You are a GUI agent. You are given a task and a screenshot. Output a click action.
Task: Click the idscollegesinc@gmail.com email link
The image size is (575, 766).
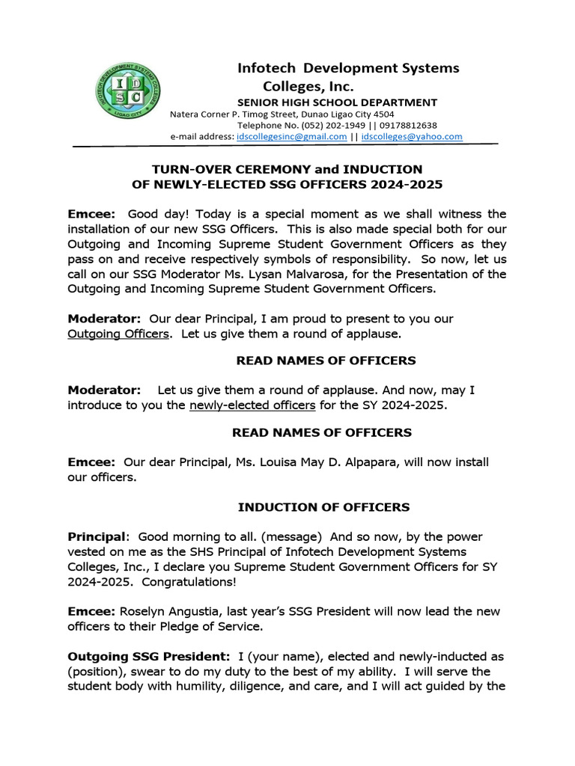(x=291, y=137)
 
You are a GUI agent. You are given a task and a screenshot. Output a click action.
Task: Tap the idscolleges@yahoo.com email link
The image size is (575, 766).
(x=412, y=137)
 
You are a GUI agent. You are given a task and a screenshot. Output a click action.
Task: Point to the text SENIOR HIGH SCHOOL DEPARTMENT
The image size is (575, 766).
(x=337, y=102)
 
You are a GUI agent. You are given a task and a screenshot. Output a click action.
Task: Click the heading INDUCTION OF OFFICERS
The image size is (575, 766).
(x=323, y=507)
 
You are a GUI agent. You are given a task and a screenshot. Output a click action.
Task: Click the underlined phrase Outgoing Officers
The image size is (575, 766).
(x=118, y=334)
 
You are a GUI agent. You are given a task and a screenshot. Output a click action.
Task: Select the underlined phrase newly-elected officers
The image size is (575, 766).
(x=252, y=405)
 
